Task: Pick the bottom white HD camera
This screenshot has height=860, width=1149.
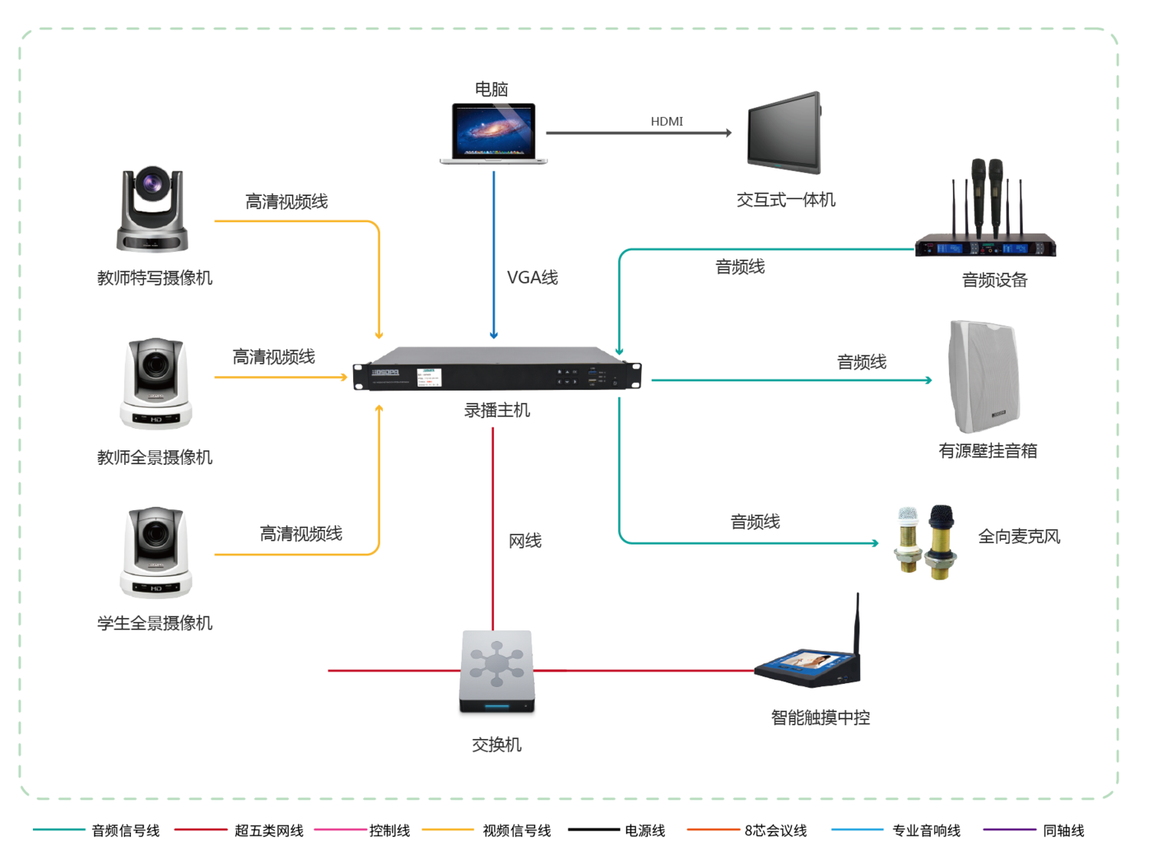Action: tap(156, 552)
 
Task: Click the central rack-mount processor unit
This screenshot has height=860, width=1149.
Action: tap(496, 370)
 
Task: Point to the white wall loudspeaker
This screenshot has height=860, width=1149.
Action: tap(984, 377)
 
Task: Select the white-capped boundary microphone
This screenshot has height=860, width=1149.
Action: tap(907, 539)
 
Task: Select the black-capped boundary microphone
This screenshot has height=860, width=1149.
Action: tap(941, 541)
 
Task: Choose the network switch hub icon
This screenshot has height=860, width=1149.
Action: tap(496, 671)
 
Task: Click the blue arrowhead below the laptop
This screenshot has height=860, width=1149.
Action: tap(494, 335)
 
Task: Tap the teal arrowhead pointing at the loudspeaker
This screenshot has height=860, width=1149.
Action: tap(928, 380)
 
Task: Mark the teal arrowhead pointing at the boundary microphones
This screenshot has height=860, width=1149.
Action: tap(875, 542)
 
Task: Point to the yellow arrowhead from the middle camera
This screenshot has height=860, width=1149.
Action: tap(345, 378)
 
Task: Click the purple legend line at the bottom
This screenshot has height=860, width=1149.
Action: tap(1010, 829)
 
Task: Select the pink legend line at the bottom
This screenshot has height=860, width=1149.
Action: tap(341, 829)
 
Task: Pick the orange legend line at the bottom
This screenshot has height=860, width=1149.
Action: tap(713, 829)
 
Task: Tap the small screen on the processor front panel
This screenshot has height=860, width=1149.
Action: tap(429, 377)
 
